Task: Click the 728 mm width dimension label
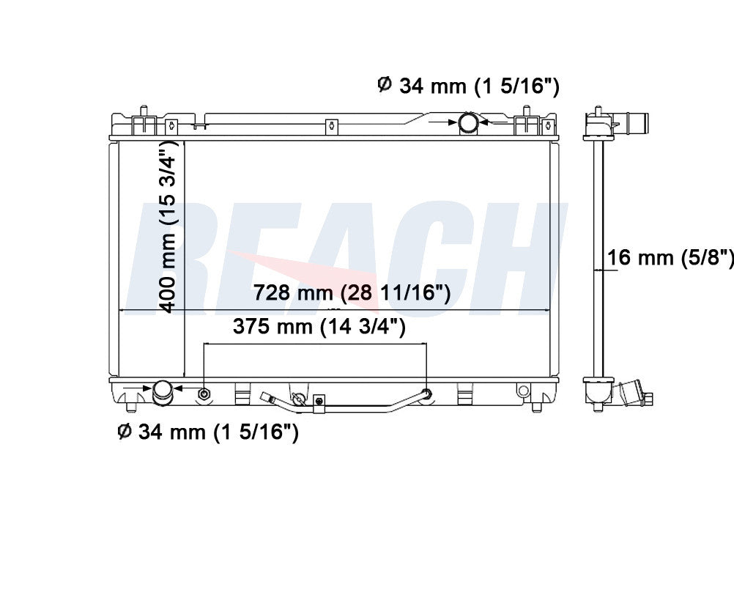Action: click(x=352, y=293)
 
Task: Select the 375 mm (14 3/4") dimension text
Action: click(x=319, y=326)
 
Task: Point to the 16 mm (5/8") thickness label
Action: click(x=670, y=257)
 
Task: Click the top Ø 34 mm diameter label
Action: click(x=468, y=86)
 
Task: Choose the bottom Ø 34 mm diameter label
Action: click(x=208, y=432)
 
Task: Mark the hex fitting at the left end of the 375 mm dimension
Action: click(x=204, y=394)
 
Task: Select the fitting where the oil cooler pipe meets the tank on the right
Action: click(x=426, y=394)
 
